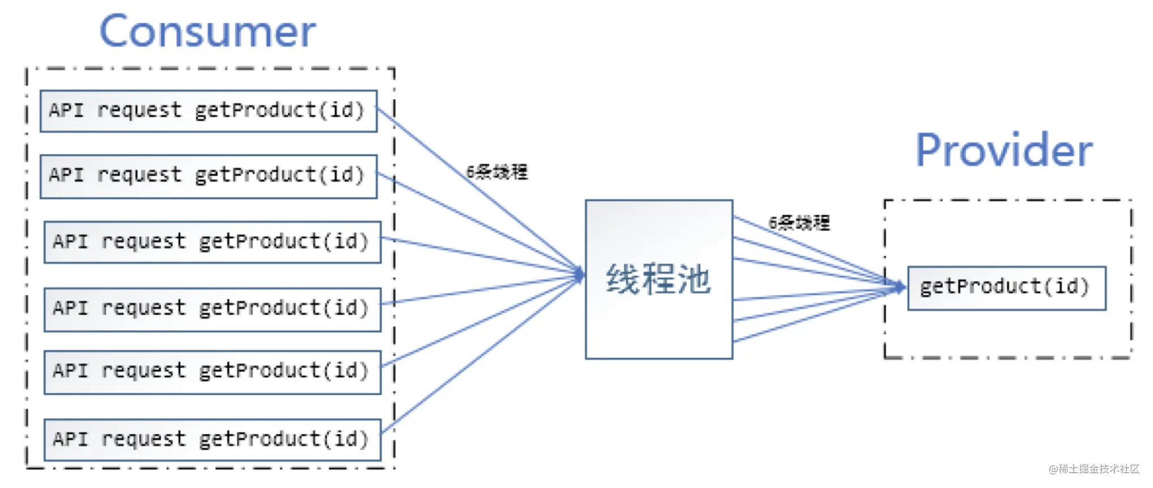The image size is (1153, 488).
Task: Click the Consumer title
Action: click(x=207, y=32)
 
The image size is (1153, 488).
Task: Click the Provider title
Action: click(x=1004, y=150)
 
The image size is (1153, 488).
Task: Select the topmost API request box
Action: click(x=209, y=111)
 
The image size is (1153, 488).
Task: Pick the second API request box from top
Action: click(x=209, y=176)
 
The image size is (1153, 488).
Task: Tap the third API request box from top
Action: click(x=213, y=242)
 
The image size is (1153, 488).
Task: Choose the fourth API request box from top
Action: click(x=213, y=309)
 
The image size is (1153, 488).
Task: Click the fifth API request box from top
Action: click(x=213, y=372)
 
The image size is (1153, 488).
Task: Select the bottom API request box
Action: click(x=213, y=440)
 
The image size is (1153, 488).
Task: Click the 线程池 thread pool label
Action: click(x=658, y=279)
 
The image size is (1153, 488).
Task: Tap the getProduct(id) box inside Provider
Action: click(x=1007, y=288)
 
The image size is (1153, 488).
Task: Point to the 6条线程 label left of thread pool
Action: click(x=497, y=172)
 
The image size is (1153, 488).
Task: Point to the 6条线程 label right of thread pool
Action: click(x=799, y=223)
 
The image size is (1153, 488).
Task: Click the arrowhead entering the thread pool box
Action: click(x=579, y=275)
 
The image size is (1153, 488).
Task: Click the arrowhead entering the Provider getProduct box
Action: click(x=901, y=287)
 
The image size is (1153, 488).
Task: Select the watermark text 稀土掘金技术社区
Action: click(x=1099, y=469)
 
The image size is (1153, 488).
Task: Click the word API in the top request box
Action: click(x=66, y=110)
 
